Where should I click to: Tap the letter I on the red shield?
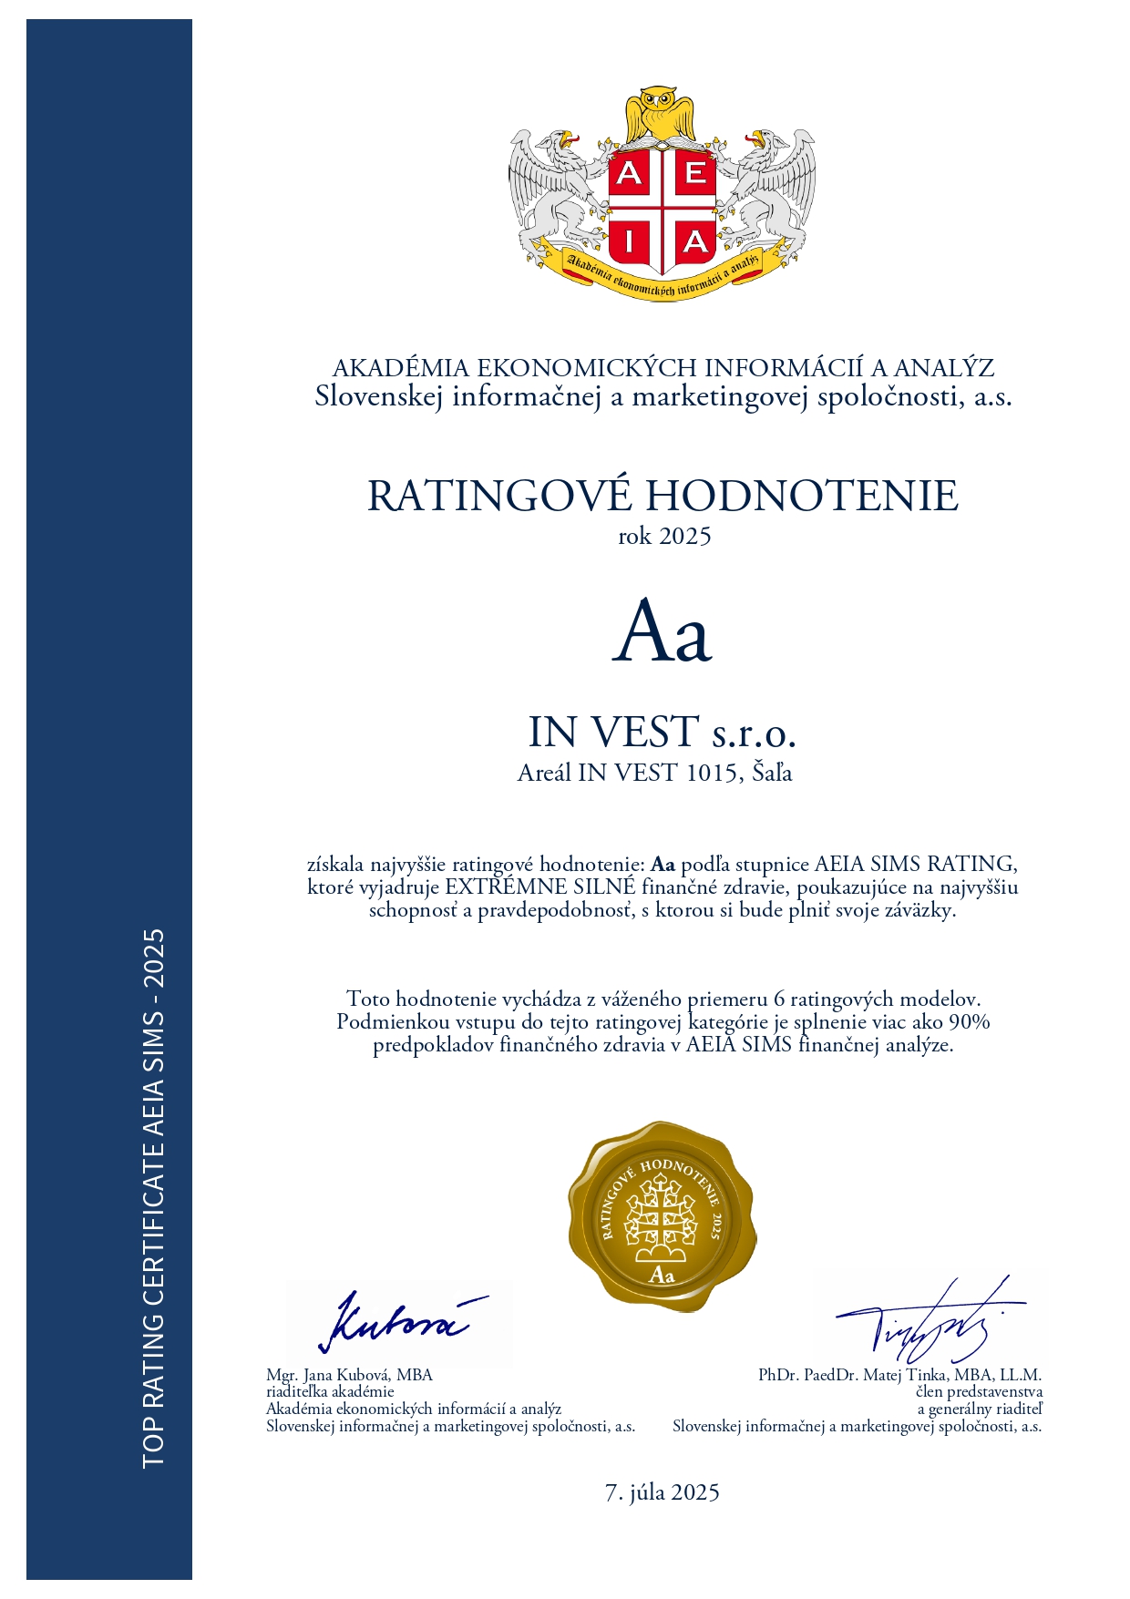[x=629, y=242]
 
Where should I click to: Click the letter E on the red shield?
[x=694, y=173]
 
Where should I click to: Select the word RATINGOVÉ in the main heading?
[x=499, y=496]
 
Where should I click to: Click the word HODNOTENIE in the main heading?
[x=802, y=496]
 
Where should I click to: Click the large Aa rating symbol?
[x=662, y=631]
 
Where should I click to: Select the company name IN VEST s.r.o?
[x=663, y=732]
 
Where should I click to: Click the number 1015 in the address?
[x=711, y=774]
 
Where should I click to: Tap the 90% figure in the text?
[x=969, y=1022]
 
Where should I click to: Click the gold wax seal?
[x=663, y=1216]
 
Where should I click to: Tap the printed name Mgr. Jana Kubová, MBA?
[x=349, y=1375]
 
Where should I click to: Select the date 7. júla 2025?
[x=663, y=1492]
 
